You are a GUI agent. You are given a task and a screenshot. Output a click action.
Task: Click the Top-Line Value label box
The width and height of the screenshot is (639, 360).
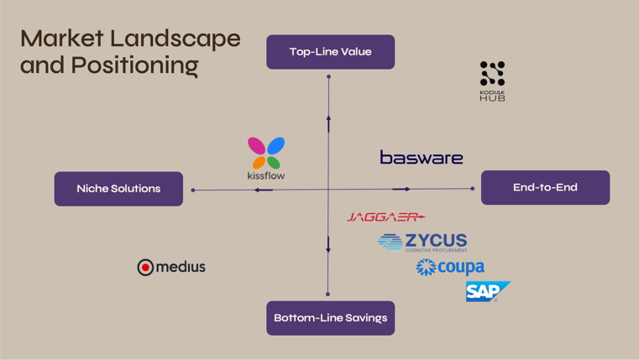click(330, 52)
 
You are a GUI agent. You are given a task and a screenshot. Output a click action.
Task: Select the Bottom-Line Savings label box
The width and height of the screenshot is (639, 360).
click(330, 318)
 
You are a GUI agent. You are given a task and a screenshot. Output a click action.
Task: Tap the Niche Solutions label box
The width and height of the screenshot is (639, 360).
click(118, 189)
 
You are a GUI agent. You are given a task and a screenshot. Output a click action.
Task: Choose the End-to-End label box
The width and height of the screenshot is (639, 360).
click(545, 188)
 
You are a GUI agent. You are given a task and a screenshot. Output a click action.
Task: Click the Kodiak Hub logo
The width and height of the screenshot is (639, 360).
click(492, 81)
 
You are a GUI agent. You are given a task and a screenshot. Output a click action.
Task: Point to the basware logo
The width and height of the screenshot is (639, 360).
click(422, 157)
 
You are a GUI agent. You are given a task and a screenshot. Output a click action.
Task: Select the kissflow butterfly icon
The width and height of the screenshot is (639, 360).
click(266, 153)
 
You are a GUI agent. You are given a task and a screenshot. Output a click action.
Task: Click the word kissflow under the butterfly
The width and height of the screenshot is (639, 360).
click(266, 175)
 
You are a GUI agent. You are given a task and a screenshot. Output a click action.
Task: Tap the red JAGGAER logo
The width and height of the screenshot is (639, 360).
click(386, 217)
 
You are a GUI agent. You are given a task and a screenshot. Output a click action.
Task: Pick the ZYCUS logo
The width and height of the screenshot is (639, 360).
click(422, 243)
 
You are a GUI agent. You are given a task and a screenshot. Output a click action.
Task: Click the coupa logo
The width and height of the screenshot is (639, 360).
click(450, 267)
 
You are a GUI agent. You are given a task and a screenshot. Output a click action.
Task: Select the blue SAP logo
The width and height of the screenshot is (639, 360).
click(486, 291)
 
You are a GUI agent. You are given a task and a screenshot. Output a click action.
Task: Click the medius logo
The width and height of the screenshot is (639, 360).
click(171, 267)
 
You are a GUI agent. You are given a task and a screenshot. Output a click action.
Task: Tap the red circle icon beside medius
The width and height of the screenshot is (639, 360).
click(145, 267)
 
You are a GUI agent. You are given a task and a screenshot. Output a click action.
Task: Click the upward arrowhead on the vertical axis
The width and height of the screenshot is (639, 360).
click(328, 123)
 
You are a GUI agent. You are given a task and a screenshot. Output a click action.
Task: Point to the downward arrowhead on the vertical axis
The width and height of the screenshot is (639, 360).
click(328, 246)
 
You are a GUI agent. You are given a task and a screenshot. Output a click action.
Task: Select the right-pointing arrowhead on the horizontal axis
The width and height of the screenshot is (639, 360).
click(401, 189)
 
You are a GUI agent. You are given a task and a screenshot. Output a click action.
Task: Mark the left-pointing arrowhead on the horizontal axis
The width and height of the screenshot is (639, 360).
click(263, 190)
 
